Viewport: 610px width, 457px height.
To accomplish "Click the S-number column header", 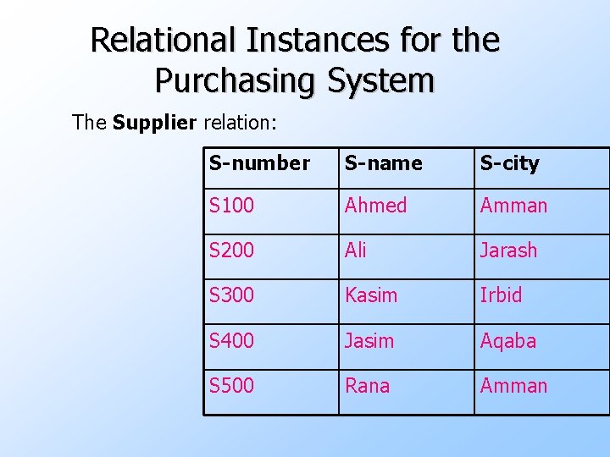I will pyautogui.click(x=259, y=163).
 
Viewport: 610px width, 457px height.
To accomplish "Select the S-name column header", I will pyautogui.click(x=383, y=163).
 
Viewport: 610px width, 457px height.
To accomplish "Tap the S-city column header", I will pyautogui.click(x=509, y=163).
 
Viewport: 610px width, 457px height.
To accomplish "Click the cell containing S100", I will pyautogui.click(x=231, y=206).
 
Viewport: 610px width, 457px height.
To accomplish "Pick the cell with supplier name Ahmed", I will pyautogui.click(x=375, y=206).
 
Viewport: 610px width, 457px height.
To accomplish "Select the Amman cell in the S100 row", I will pyautogui.click(x=513, y=206).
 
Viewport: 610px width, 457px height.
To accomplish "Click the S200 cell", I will pyautogui.click(x=231, y=251).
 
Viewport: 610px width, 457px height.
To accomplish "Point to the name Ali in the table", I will pyautogui.click(x=356, y=251).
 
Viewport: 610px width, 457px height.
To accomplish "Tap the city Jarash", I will pyautogui.click(x=508, y=251).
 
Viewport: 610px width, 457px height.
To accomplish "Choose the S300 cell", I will pyautogui.click(x=231, y=295).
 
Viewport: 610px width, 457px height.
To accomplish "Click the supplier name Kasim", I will pyautogui.click(x=370, y=295).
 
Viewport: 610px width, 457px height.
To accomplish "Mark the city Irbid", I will pyautogui.click(x=501, y=295).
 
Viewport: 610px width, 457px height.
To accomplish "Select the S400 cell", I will pyautogui.click(x=231, y=340).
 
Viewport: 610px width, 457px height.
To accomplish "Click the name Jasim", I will pyautogui.click(x=369, y=340).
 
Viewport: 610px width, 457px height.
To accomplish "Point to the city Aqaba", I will pyautogui.click(x=508, y=340).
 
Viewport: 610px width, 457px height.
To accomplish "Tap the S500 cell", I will pyautogui.click(x=231, y=386).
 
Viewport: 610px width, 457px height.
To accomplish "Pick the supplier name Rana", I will pyautogui.click(x=367, y=386).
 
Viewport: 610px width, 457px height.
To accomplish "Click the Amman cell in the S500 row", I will pyautogui.click(x=513, y=386).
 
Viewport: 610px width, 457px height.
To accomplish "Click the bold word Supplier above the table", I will pyautogui.click(x=154, y=123).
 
